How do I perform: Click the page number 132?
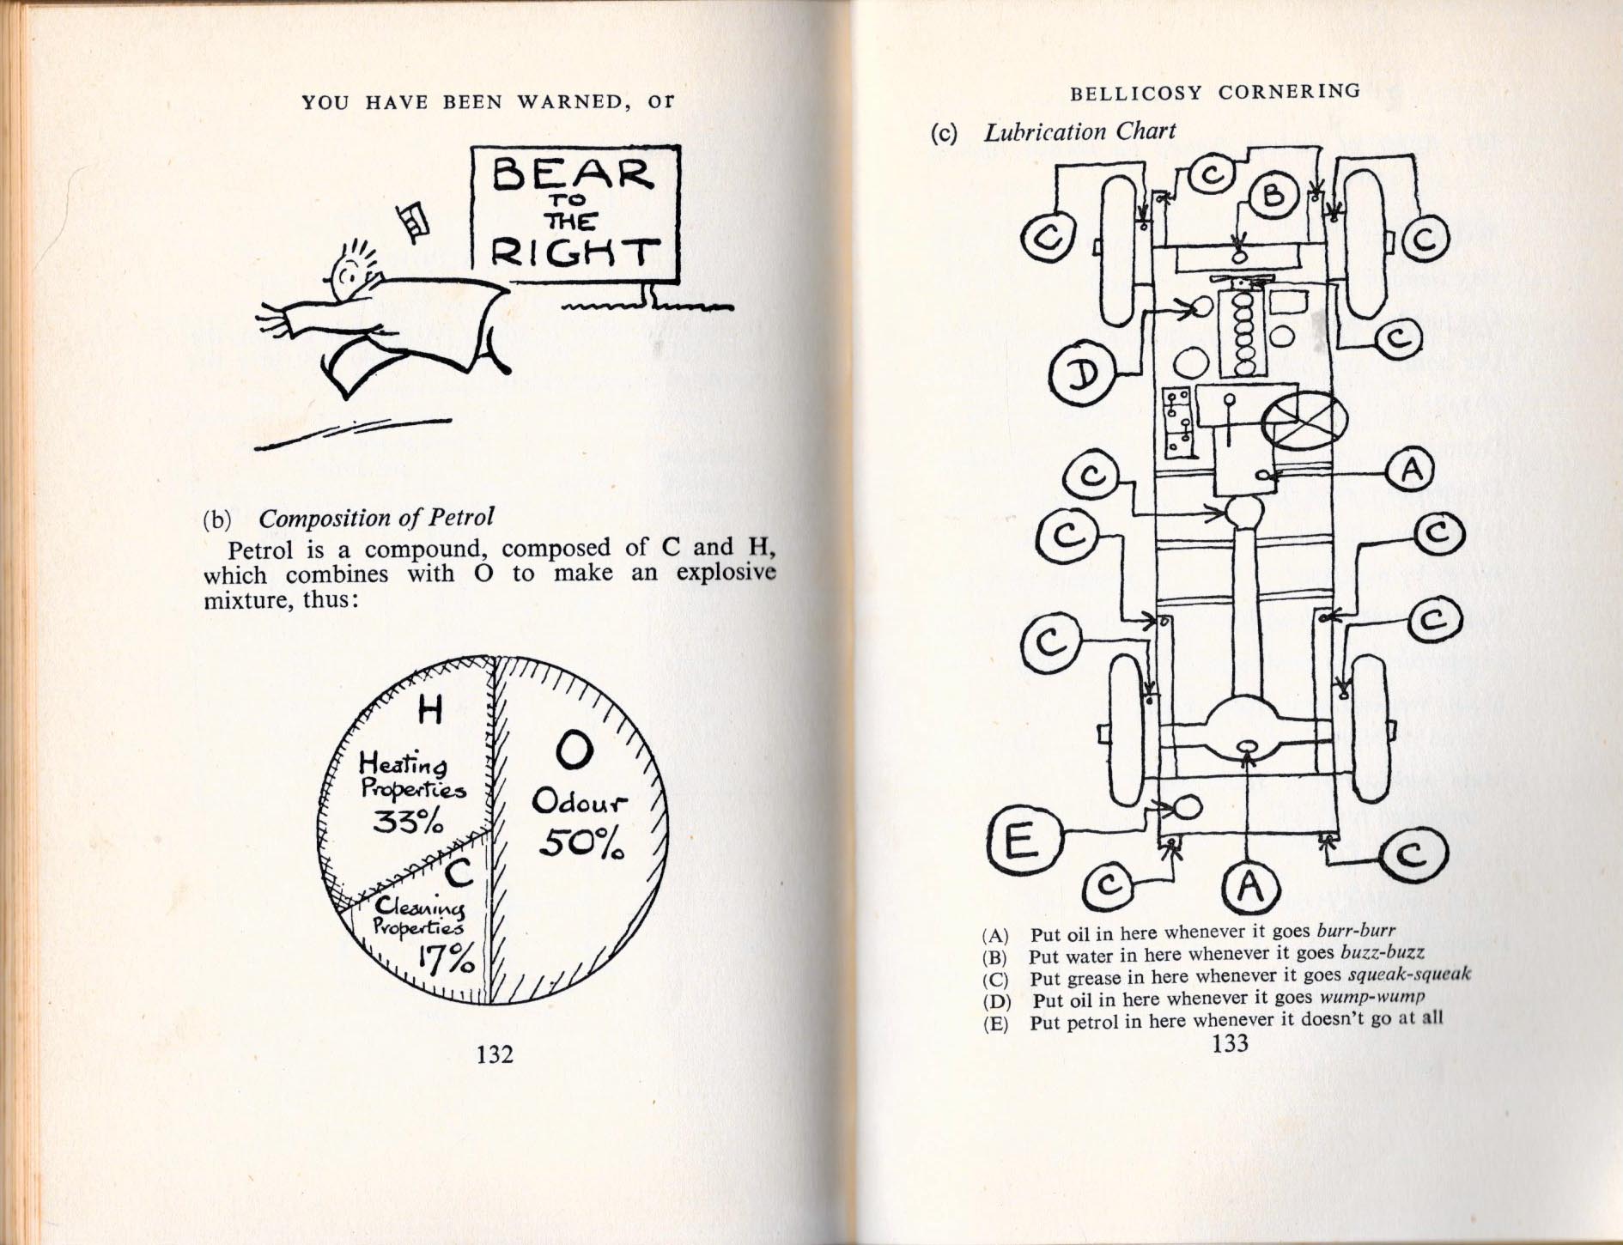pyautogui.click(x=495, y=1054)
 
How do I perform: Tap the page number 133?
pyautogui.click(x=1229, y=1043)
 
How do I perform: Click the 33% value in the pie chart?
pyautogui.click(x=408, y=822)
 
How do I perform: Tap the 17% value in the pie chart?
pyautogui.click(x=447, y=960)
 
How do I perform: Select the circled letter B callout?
pyautogui.click(x=1273, y=196)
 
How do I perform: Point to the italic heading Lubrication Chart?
pyautogui.click(x=1079, y=131)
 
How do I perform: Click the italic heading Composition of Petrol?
pyautogui.click(x=376, y=518)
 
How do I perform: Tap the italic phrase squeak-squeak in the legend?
pyautogui.click(x=1410, y=975)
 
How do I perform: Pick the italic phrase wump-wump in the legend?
pyautogui.click(x=1371, y=997)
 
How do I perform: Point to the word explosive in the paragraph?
pyautogui.click(x=726, y=573)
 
